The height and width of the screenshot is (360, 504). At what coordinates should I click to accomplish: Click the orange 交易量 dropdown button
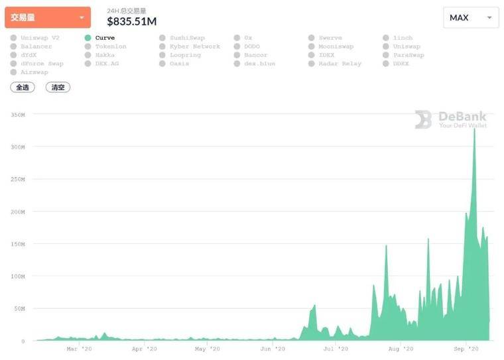pyautogui.click(x=47, y=18)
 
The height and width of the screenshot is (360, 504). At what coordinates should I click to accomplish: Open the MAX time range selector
pyautogui.click(x=471, y=18)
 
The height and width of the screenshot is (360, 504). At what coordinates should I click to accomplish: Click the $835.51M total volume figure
pyautogui.click(x=131, y=21)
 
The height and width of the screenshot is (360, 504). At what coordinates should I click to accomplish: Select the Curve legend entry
pyautogui.click(x=105, y=38)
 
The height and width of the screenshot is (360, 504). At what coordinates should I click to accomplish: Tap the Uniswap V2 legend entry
pyautogui.click(x=40, y=38)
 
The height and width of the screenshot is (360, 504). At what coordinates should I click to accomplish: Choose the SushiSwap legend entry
pyautogui.click(x=188, y=38)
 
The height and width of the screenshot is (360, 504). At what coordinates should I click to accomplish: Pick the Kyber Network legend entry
pyautogui.click(x=194, y=46)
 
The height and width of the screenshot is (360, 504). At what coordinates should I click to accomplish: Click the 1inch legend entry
pyautogui.click(x=403, y=38)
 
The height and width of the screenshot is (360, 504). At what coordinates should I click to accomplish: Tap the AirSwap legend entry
pyautogui.click(x=34, y=72)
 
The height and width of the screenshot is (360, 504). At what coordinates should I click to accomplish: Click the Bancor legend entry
pyautogui.click(x=255, y=55)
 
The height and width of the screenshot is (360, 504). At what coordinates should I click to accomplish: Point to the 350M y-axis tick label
pyautogui.click(x=18, y=115)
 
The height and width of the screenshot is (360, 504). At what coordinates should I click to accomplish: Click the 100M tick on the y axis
pyautogui.click(x=18, y=276)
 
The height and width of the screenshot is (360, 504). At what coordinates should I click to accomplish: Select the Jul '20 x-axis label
pyautogui.click(x=336, y=349)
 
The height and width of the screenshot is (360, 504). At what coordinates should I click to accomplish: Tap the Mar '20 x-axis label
pyautogui.click(x=80, y=349)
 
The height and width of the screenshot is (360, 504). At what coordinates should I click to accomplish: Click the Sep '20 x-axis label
pyautogui.click(x=467, y=349)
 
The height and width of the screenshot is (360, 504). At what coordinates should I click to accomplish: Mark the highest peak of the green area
pyautogui.click(x=474, y=129)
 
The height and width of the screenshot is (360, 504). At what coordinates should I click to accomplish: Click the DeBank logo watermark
pyautogui.click(x=451, y=119)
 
